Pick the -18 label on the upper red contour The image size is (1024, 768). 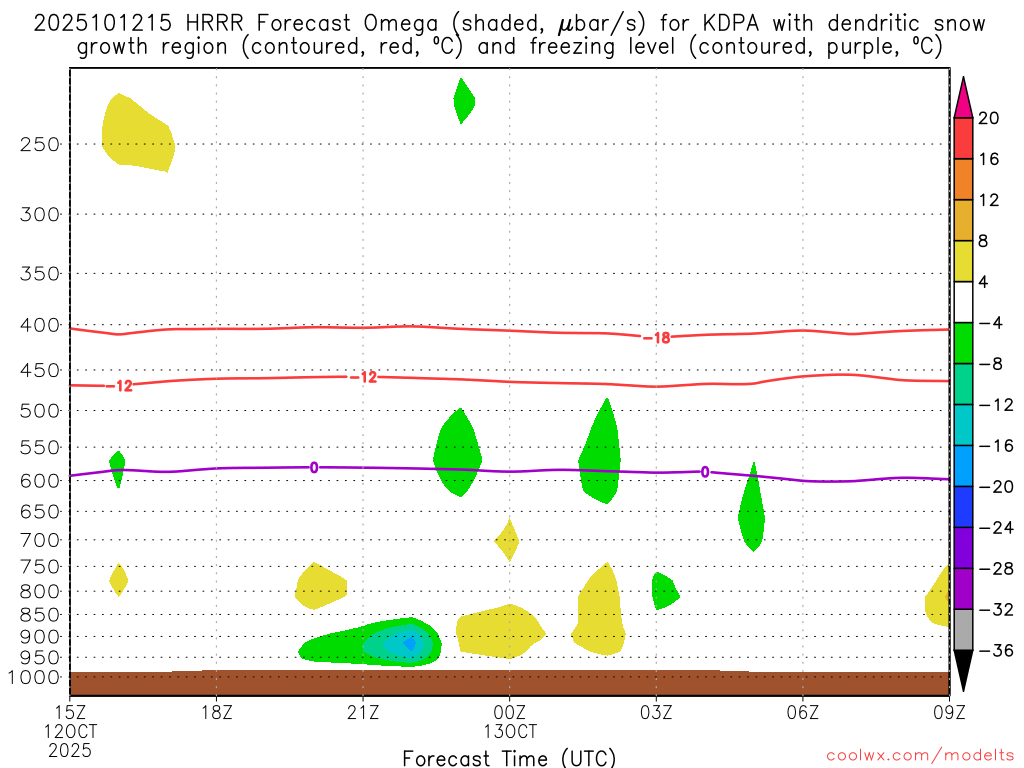click(x=656, y=338)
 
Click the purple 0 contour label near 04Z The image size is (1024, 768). click(x=705, y=472)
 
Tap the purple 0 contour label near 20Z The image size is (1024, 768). click(x=314, y=467)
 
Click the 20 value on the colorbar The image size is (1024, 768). click(x=989, y=118)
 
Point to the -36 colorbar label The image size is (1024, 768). click(x=992, y=651)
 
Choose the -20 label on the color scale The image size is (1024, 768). click(x=992, y=487)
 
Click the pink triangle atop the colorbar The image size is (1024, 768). click(x=963, y=97)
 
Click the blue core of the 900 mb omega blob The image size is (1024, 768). click(x=408, y=644)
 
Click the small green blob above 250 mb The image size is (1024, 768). click(x=463, y=100)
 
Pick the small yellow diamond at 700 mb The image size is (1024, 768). click(x=507, y=540)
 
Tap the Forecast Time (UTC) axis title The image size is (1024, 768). click(x=509, y=757)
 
